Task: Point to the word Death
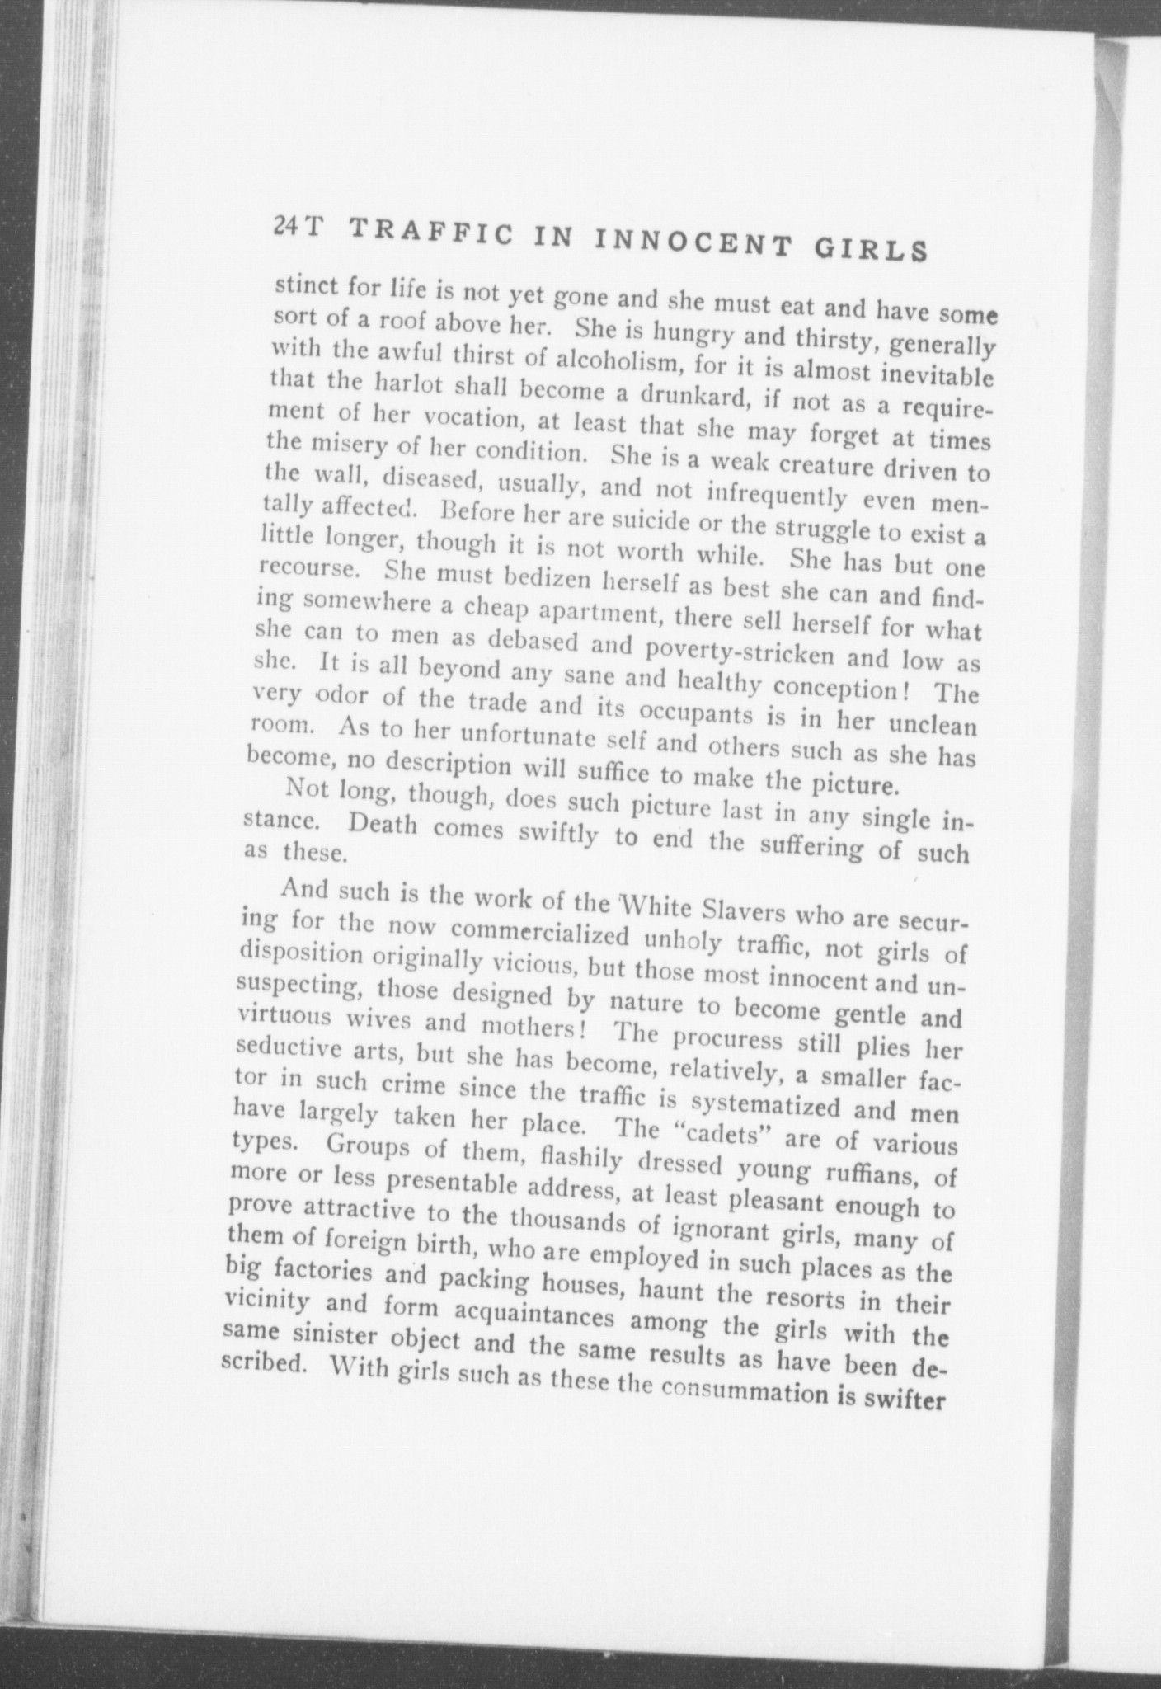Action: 383,824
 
